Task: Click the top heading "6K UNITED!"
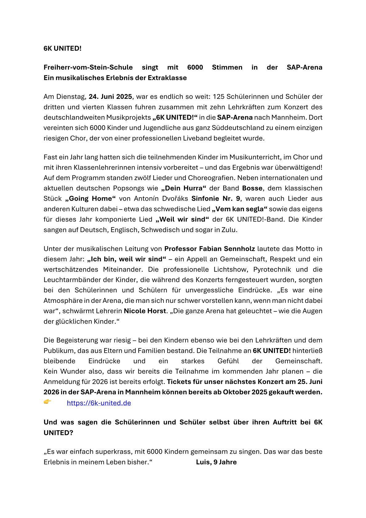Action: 62,48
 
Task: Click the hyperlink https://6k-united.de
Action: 99,403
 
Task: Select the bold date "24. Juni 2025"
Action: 110,97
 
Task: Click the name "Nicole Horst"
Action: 145,311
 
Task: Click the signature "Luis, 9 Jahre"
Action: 216,462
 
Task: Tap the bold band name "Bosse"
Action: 252,188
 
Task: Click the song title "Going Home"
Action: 90,199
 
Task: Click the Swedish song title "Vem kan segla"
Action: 240,209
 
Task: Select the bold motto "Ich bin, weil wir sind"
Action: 126,259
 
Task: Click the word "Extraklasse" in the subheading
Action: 167,78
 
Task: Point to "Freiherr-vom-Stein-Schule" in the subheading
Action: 88,67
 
